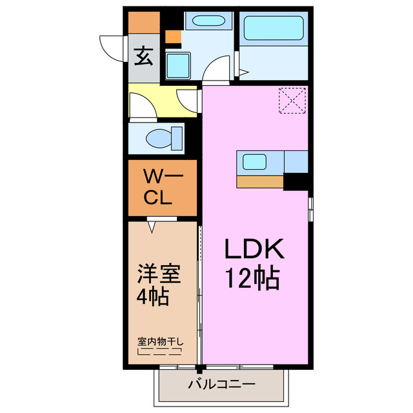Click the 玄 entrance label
click(x=144, y=58)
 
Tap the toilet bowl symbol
click(x=159, y=137)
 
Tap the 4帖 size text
click(x=153, y=297)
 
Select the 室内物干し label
click(x=160, y=341)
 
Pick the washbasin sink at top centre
click(x=206, y=21)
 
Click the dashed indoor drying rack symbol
click(x=159, y=353)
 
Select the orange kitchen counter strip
click(x=260, y=182)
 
